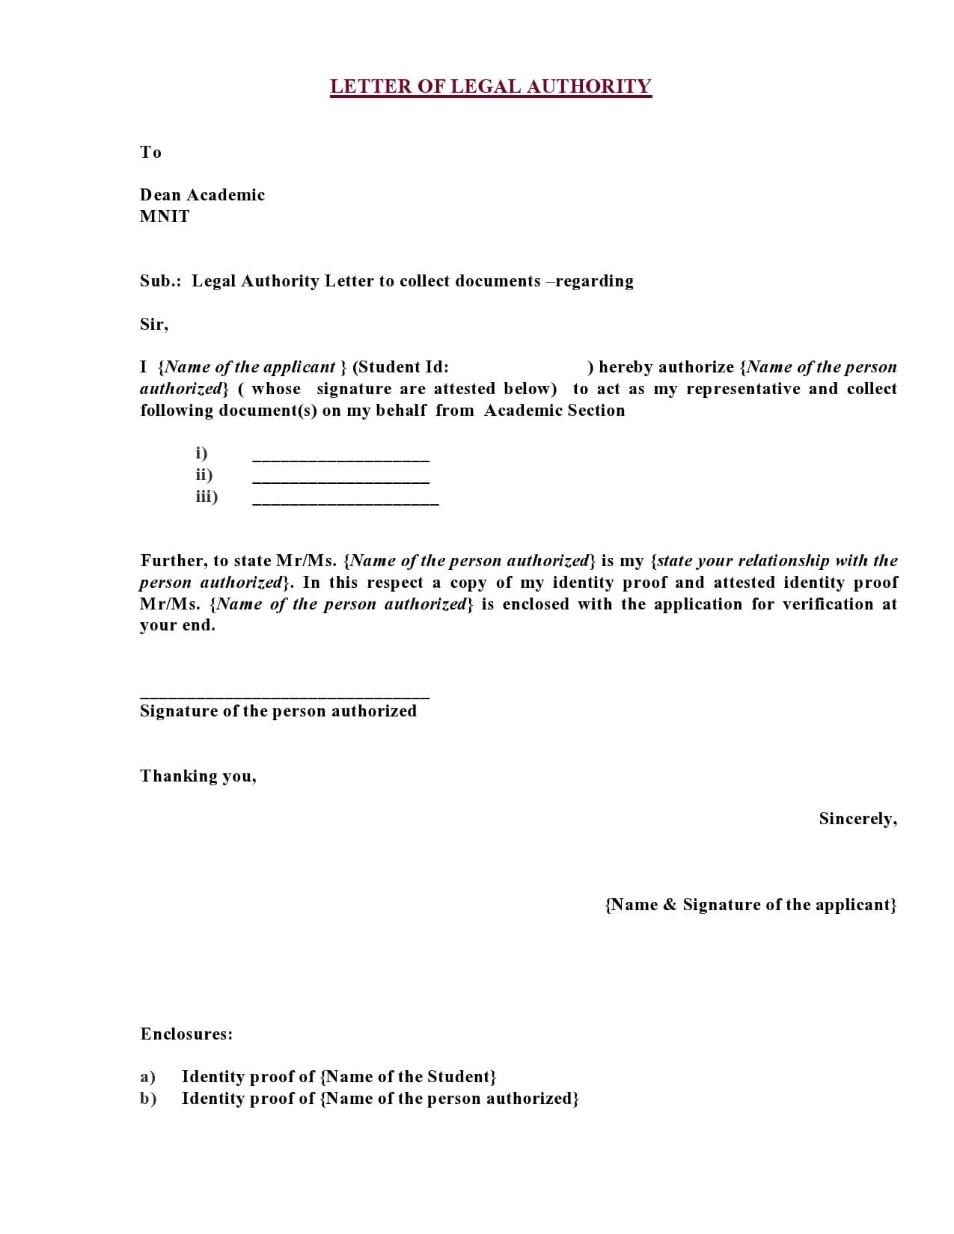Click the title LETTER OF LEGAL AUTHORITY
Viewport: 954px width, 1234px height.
pos(490,87)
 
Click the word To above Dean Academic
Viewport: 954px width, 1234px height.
pos(150,153)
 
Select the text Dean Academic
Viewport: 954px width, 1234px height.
pos(202,195)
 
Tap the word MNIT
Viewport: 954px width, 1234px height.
pos(165,217)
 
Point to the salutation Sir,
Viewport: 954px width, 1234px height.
pos(154,325)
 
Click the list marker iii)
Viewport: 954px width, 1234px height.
pos(207,497)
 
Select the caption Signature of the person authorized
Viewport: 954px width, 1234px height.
pos(278,711)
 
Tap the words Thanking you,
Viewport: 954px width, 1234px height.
pos(198,776)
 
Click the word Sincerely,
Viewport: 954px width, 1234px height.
pos(857,819)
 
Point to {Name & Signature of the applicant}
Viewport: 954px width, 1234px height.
pos(750,905)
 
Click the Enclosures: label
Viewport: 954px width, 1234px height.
pos(186,1034)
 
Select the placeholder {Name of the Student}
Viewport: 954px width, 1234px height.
pos(408,1077)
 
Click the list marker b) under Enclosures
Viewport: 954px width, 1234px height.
pos(148,1099)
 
